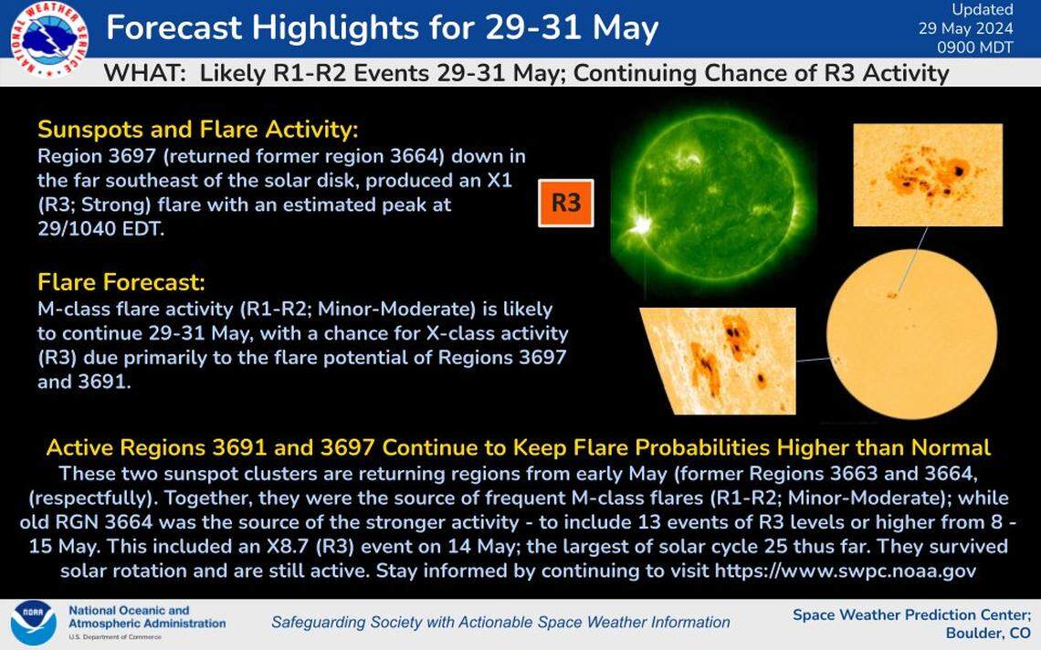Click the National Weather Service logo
pyautogui.click(x=48, y=40)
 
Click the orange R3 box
pyautogui.click(x=566, y=202)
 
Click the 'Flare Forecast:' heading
pyautogui.click(x=115, y=281)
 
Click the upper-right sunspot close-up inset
pyautogui.click(x=927, y=174)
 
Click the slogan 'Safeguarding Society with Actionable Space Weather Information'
pyautogui.click(x=500, y=623)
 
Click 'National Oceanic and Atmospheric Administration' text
pyautogui.click(x=146, y=617)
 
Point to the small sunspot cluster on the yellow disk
pyautogui.click(x=892, y=294)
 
